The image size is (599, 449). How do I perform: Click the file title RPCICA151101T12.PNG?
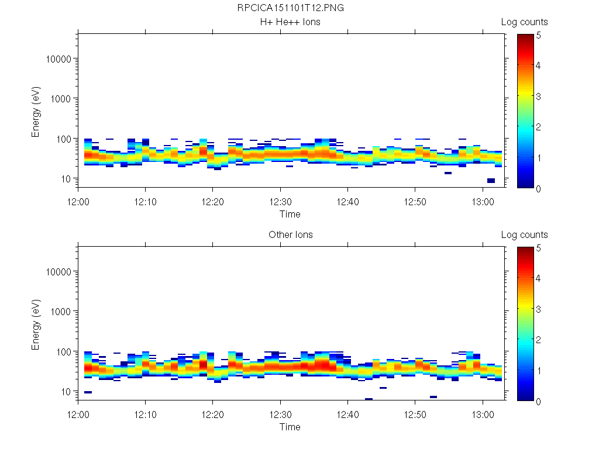point(290,8)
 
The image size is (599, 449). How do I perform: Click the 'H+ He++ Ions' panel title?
point(290,22)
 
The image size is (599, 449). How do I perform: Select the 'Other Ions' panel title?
point(290,235)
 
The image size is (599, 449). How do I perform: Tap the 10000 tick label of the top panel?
point(58,59)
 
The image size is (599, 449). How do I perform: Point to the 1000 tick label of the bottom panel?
point(61,312)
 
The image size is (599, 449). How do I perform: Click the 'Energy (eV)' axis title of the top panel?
point(36,111)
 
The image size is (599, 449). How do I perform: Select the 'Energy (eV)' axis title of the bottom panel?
point(36,324)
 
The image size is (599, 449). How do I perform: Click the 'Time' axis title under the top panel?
point(290,214)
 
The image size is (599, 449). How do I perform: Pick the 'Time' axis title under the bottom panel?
point(290,427)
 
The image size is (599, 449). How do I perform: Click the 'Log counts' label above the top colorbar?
point(524,22)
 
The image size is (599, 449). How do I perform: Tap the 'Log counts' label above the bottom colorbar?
point(524,235)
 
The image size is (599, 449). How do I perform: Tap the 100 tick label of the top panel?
point(63,139)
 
